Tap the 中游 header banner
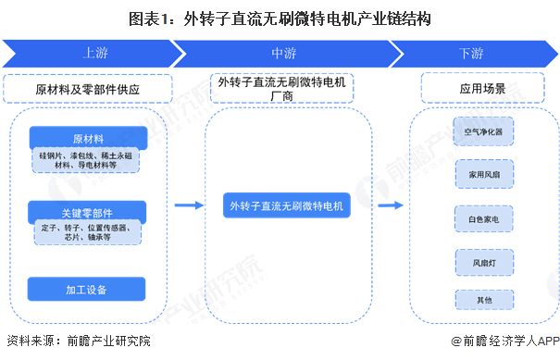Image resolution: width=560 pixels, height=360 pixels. click(x=282, y=54)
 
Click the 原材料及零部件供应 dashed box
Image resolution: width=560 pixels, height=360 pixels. click(x=92, y=90)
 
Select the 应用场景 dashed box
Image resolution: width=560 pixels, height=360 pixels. click(x=476, y=90)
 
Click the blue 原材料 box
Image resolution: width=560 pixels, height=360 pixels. click(x=87, y=138)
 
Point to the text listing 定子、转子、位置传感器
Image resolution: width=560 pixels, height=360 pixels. click(x=87, y=231)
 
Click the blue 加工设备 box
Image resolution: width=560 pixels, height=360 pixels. click(x=87, y=289)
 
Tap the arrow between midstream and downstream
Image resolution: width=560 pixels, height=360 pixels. click(x=387, y=206)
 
